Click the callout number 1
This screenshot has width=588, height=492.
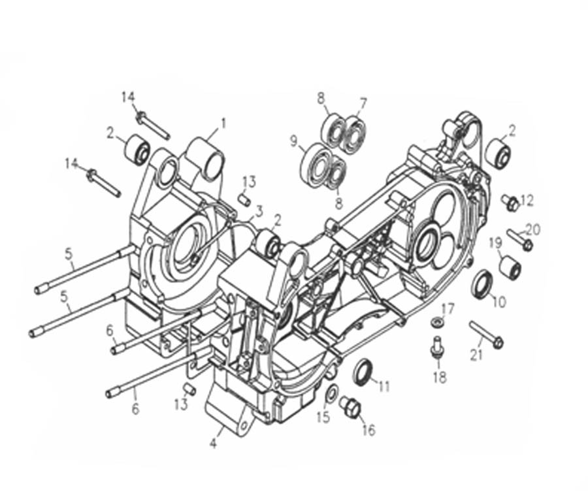coord(224,123)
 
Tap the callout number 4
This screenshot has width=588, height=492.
coord(213,444)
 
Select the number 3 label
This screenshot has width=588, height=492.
coord(259,212)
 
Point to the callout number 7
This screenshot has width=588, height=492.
coord(363,103)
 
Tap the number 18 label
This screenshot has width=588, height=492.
coord(440,377)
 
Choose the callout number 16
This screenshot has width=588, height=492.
coord(369,430)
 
